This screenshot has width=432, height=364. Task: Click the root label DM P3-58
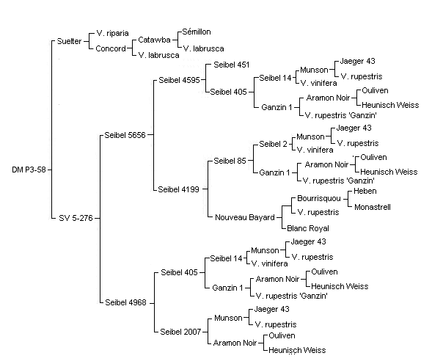[29, 170]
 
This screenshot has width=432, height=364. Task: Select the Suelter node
[69, 41]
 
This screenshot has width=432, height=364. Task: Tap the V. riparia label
[112, 33]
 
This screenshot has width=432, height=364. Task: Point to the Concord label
[111, 48]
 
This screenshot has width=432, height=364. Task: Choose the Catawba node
[154, 40]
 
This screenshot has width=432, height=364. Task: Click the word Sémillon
[197, 32]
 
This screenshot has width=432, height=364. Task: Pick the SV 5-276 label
[76, 218]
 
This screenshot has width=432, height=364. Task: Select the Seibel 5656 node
[125, 135]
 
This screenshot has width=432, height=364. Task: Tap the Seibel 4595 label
[180, 80]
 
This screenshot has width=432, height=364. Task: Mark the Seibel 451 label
[232, 65]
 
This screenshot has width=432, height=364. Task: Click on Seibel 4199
[178, 189]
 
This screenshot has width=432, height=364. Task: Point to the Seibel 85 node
[230, 161]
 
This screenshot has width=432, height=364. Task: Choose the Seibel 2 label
[273, 144]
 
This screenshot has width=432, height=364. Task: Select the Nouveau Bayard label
[245, 217]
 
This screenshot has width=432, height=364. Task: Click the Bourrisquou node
[319, 199]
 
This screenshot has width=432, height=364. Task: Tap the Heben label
[365, 191]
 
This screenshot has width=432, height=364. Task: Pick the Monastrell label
[373, 207]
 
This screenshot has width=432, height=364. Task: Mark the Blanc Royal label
[308, 228]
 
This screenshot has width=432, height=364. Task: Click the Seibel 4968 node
[125, 302]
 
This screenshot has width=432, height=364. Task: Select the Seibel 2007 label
[180, 332]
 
